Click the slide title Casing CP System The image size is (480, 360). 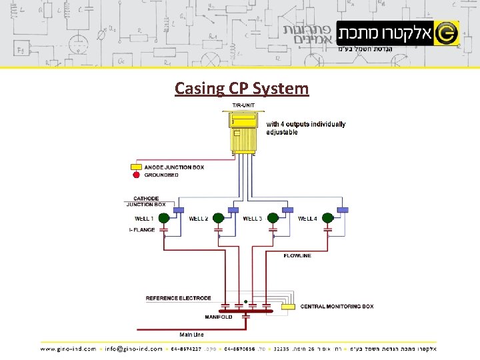241,88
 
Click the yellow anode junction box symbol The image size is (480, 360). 136,167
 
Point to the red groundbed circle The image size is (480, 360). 136,175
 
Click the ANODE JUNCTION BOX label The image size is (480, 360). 174,167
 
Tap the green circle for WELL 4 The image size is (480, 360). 327,218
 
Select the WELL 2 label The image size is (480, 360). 199,219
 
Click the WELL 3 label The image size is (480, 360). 253,219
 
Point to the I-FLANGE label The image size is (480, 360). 141,230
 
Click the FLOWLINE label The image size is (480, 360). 297,256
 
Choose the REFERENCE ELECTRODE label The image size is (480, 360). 178,298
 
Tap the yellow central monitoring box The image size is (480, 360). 288,307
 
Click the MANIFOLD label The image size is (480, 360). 219,317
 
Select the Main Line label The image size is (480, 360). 192,334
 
